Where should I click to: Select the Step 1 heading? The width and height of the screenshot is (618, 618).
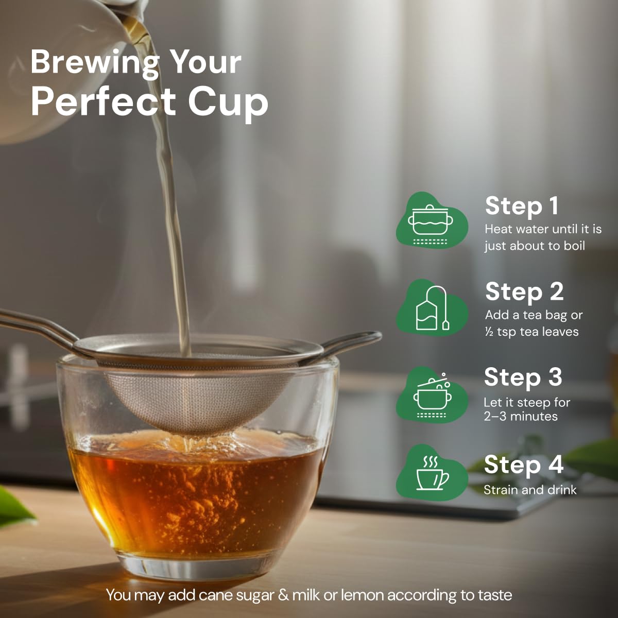(x=522, y=207)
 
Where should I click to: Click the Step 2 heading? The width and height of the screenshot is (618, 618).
(x=524, y=293)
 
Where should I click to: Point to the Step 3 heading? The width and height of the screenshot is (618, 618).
(x=523, y=378)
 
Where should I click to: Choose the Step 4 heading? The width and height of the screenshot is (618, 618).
(x=523, y=465)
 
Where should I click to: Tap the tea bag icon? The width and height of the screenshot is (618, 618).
(x=432, y=308)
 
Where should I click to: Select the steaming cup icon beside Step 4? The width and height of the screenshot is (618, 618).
(x=432, y=473)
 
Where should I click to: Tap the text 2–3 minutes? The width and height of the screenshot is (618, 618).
(x=521, y=417)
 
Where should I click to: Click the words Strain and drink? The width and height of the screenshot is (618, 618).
(x=530, y=490)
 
